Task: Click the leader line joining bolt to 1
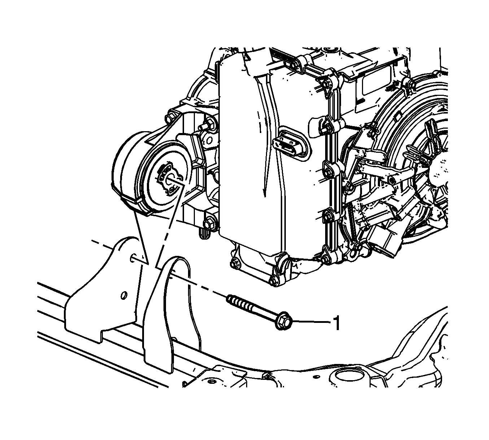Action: (x=311, y=322)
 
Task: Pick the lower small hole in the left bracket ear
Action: (x=124, y=295)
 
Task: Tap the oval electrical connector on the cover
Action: (x=291, y=143)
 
